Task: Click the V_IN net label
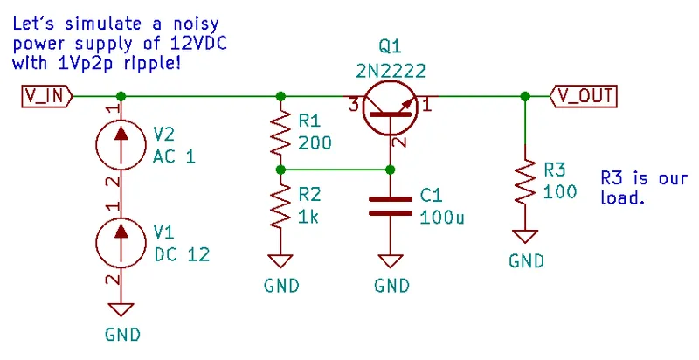coord(44,96)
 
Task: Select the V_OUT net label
coord(585,96)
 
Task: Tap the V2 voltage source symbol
coord(121,145)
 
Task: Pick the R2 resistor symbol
coord(280,207)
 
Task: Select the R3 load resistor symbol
coord(524,182)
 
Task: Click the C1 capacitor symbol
coord(390,205)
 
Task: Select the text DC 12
coord(182,255)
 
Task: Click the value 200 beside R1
coord(315,142)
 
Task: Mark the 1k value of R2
coord(308,218)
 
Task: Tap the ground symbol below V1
coord(121,310)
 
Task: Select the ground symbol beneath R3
coord(524,238)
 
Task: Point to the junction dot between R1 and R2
coord(280,170)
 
